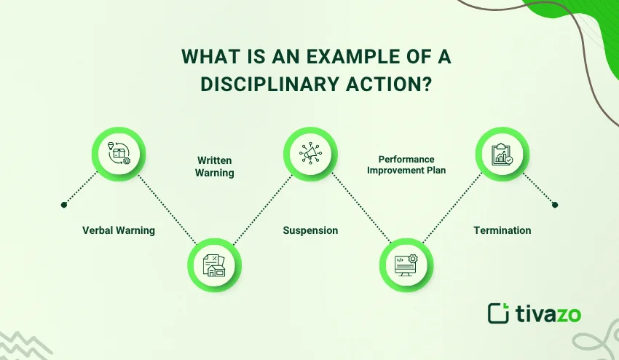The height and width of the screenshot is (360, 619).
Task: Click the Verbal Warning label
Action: tap(119, 230)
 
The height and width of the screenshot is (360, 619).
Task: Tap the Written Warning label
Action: tap(216, 166)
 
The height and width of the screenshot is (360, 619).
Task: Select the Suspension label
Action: tap(310, 230)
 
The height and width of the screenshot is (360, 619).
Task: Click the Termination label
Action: tap(502, 230)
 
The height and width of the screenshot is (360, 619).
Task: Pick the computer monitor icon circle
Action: tap(406, 265)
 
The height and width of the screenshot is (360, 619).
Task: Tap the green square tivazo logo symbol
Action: tap(498, 313)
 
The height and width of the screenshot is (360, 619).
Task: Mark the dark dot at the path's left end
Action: tap(65, 203)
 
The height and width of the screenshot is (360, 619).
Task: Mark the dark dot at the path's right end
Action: tap(555, 205)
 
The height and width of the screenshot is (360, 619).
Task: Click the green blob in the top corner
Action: tap(583, 22)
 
